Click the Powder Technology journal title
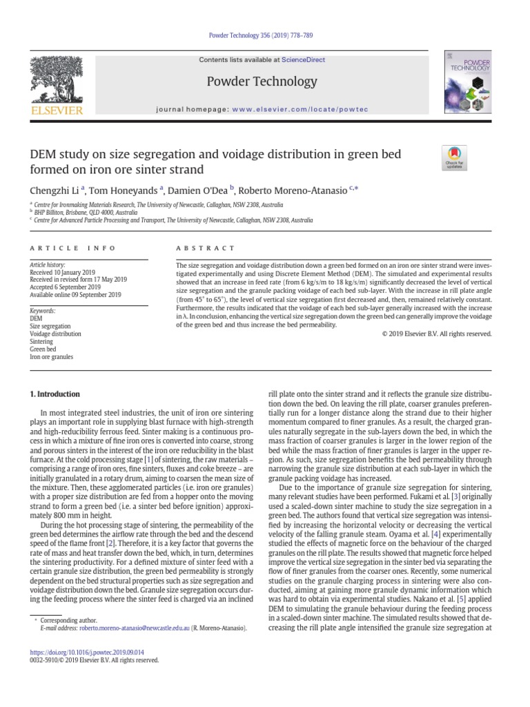point(262,81)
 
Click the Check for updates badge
point(455,158)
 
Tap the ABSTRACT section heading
point(206,248)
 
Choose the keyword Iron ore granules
point(51,357)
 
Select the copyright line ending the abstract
point(436,333)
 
